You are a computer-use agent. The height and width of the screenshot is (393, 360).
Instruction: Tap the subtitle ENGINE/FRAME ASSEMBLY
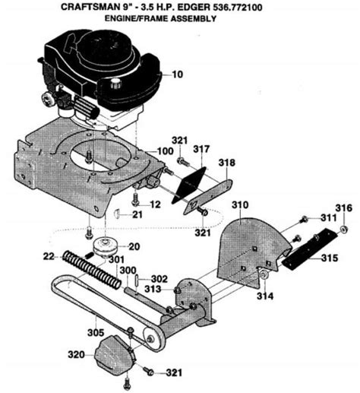coord(180,21)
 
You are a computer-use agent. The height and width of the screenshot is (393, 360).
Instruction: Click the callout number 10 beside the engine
coord(178,75)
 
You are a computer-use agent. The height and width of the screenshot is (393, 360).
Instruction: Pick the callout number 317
coord(201,150)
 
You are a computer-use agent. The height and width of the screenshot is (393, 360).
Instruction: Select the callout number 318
coord(227,162)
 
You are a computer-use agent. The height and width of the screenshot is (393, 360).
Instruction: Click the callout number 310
coord(240,205)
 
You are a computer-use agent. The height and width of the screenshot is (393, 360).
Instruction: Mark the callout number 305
coord(95,331)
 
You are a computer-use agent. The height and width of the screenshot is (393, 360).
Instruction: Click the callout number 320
coord(76,353)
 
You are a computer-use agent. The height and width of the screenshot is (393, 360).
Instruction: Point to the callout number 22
coord(47,255)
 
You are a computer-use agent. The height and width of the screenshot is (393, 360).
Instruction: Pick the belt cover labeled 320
coord(114,355)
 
